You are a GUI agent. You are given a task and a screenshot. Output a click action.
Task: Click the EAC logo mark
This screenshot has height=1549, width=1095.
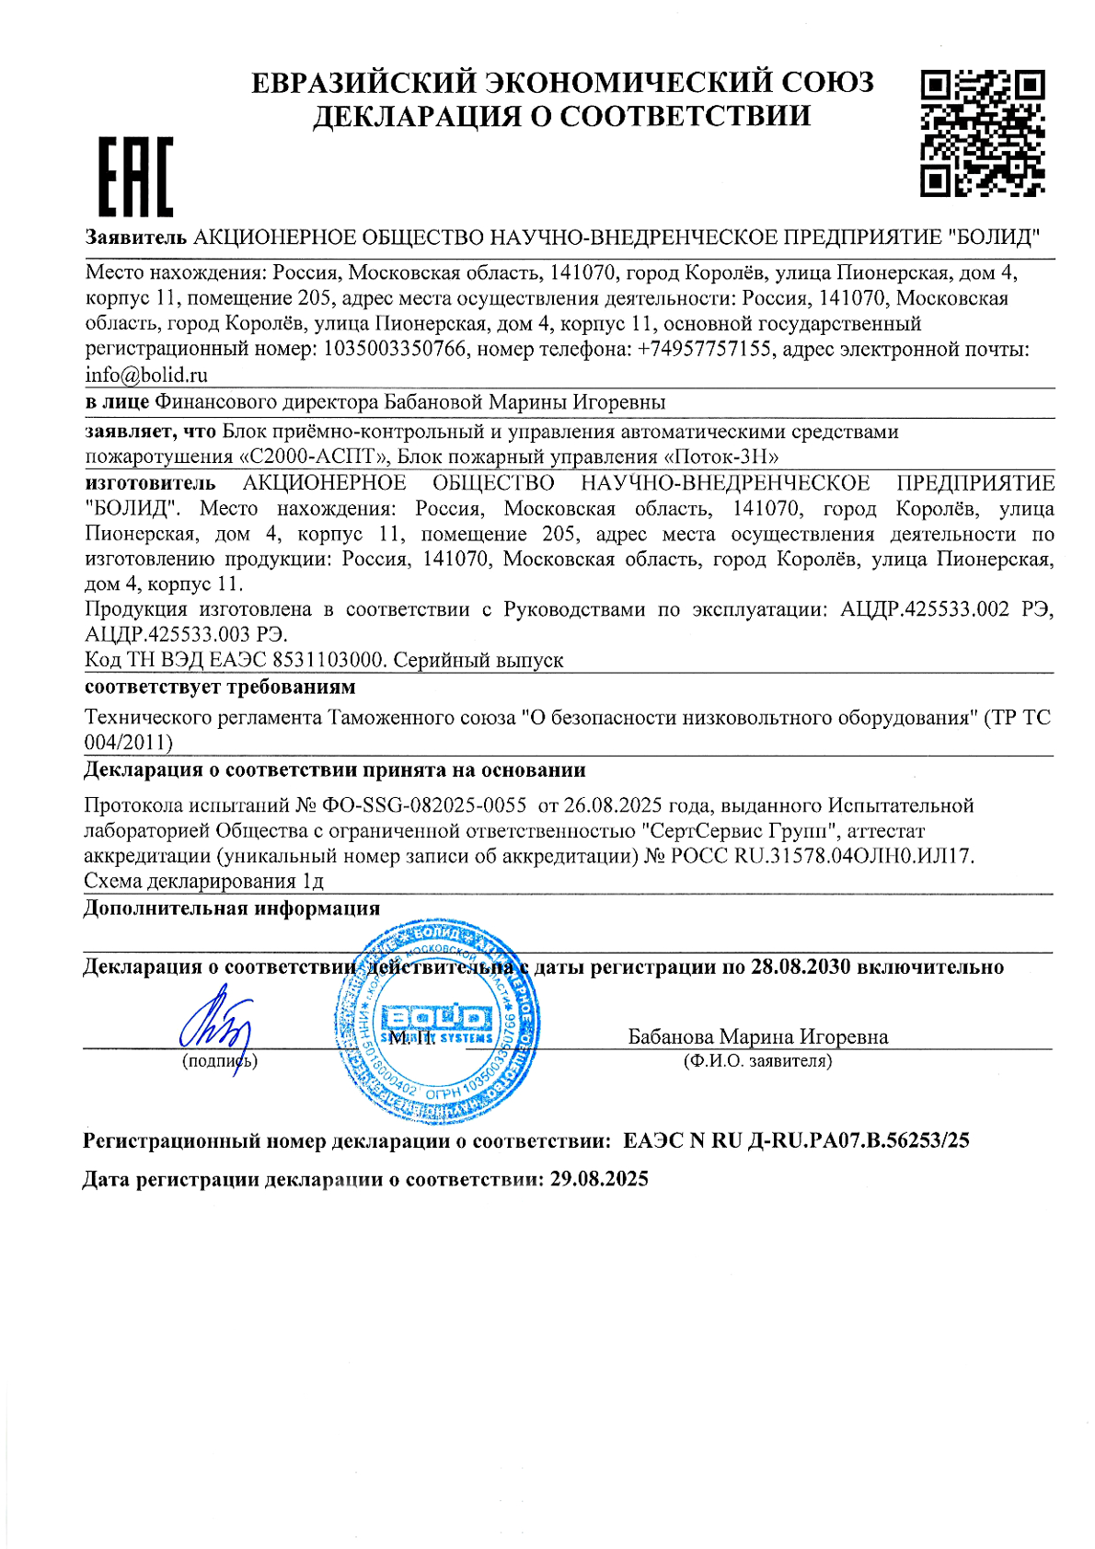tap(135, 177)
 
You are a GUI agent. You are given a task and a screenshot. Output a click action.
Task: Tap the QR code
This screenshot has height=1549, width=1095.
tap(982, 133)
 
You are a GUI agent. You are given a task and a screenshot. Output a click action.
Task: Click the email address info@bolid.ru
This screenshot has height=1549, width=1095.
tap(146, 376)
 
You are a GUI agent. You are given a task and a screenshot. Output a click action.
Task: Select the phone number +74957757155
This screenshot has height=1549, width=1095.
tap(704, 350)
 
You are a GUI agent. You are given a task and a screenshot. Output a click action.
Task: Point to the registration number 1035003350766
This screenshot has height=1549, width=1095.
tap(395, 350)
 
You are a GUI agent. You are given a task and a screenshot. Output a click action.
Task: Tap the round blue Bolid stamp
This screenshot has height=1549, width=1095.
tap(437, 1020)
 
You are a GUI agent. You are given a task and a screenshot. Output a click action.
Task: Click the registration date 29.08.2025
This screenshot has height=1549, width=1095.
tap(599, 1179)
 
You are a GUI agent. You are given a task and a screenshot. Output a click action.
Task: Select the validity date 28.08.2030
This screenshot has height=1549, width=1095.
tap(800, 966)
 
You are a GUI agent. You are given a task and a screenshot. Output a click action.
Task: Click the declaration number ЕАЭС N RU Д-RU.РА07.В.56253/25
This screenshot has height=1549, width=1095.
tap(796, 1141)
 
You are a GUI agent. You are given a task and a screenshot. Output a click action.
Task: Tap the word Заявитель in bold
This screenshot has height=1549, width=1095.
tap(136, 237)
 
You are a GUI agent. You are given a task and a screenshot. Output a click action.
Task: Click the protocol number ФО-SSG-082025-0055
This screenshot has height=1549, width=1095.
tap(424, 805)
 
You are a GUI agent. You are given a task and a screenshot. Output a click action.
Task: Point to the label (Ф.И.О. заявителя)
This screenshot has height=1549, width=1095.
tap(757, 1061)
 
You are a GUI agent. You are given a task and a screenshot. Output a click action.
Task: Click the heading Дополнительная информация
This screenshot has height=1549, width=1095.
tap(232, 908)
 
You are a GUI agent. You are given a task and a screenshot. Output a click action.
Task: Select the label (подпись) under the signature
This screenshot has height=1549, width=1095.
tap(220, 1061)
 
